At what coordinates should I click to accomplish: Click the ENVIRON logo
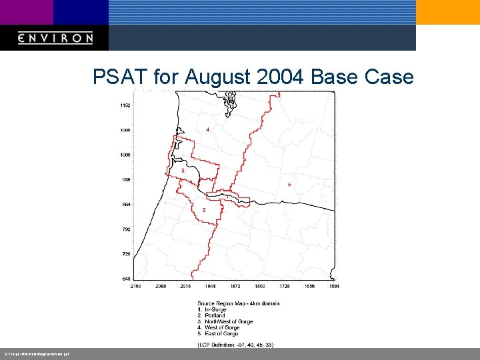55,38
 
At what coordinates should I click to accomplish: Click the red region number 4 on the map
207,129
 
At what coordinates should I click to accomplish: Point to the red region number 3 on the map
183,171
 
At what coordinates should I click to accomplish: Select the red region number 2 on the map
203,210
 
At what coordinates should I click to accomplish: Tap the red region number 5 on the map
289,184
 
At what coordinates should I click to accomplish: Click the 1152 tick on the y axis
125,105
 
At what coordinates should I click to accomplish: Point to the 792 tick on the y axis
126,229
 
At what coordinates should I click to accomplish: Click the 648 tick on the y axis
126,279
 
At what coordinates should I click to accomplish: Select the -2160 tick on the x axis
135,286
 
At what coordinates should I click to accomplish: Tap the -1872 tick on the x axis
235,286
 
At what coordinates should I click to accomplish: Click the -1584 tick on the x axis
333,286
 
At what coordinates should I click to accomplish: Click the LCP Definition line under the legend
235,345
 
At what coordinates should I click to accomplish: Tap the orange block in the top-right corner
447,12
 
